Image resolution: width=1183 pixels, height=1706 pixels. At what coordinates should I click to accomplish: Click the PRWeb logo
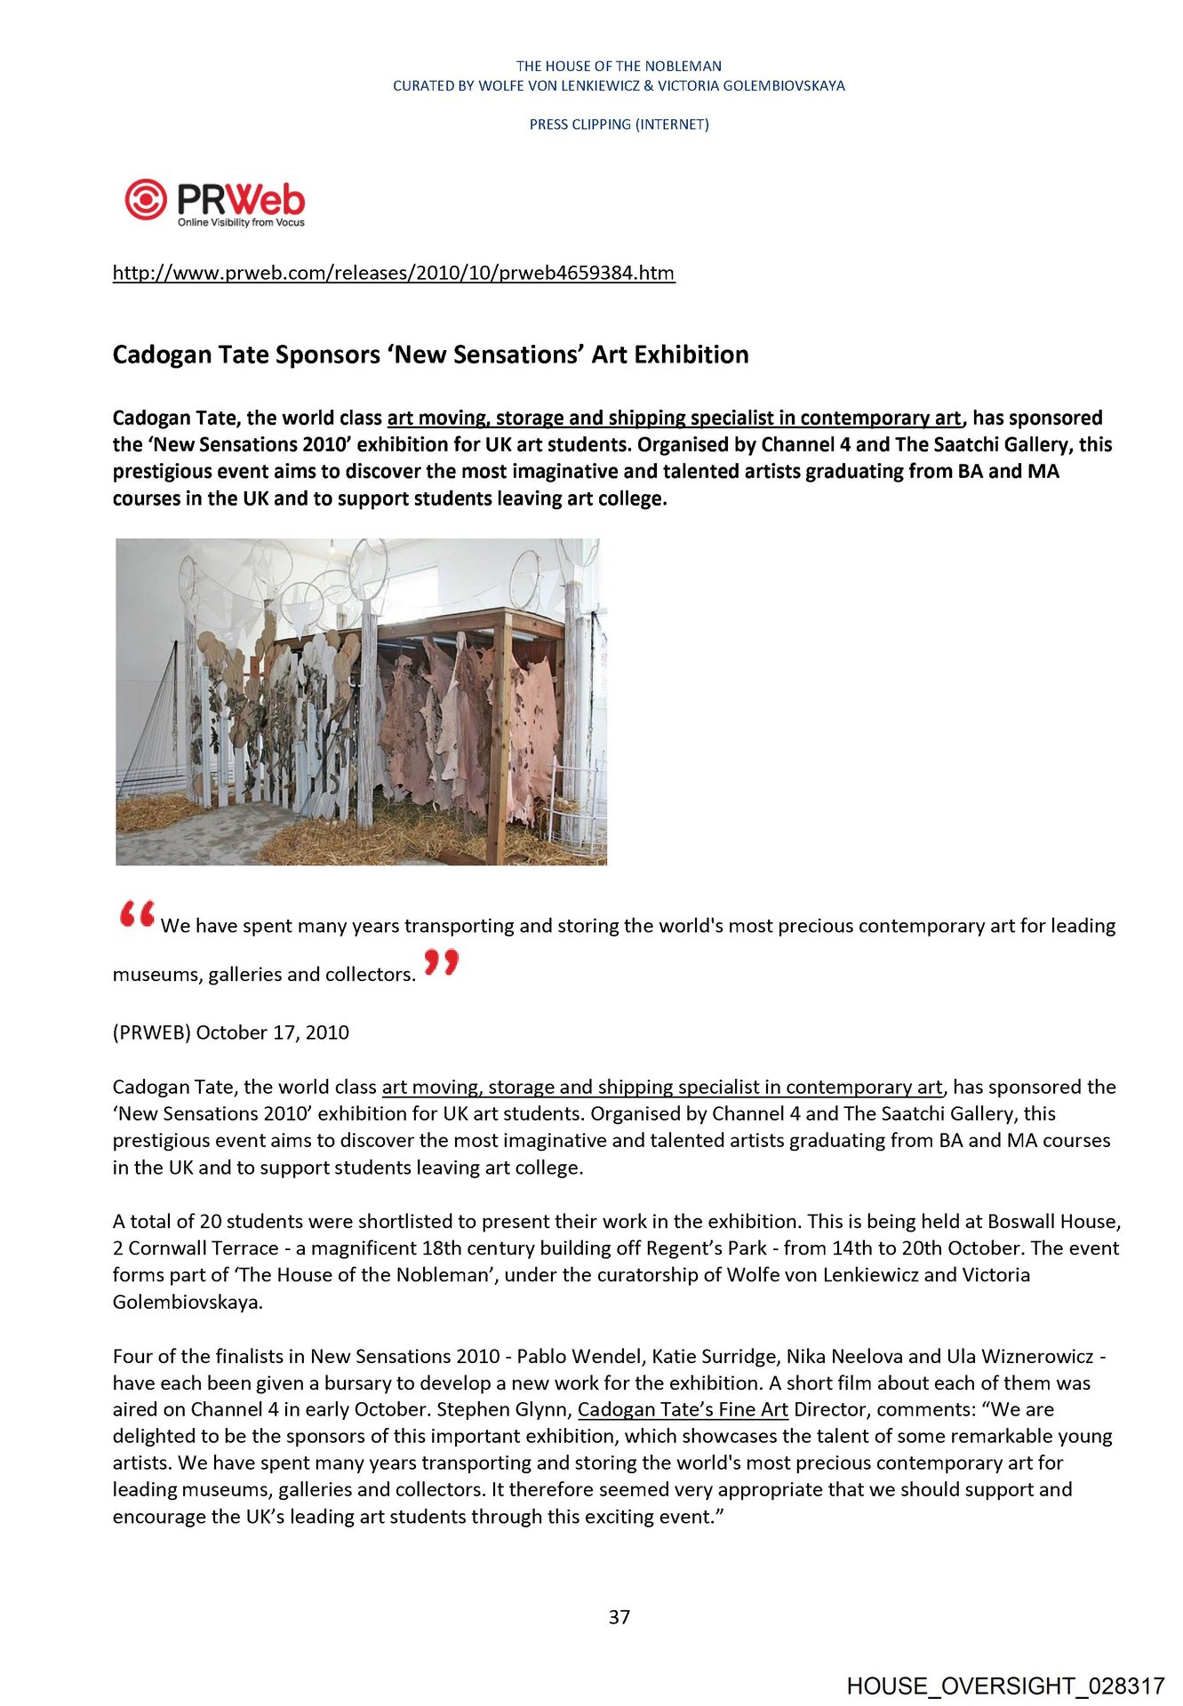click(214, 201)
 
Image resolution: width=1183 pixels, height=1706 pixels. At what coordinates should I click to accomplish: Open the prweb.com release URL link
click(394, 273)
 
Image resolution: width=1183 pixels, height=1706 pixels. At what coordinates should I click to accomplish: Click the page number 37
click(619, 1617)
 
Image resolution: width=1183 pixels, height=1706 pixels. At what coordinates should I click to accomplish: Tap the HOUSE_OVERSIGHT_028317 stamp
click(1005, 1686)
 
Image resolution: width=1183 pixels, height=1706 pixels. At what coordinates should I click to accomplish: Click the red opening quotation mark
click(137, 914)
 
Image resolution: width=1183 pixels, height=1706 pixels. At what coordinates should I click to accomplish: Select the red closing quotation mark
click(441, 962)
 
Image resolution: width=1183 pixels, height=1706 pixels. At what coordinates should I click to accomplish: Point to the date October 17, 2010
click(273, 1032)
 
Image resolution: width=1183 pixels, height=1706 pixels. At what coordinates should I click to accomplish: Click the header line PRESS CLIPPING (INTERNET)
click(619, 124)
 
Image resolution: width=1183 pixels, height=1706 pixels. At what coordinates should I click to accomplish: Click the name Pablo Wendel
click(579, 1356)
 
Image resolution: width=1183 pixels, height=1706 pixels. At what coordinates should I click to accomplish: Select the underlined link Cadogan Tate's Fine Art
click(683, 1409)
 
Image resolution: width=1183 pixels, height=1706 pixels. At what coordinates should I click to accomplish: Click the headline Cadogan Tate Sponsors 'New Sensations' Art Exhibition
click(430, 355)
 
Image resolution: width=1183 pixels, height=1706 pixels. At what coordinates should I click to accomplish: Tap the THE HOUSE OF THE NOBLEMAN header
click(619, 66)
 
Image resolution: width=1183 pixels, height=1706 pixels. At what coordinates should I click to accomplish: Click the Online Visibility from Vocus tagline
click(241, 222)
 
